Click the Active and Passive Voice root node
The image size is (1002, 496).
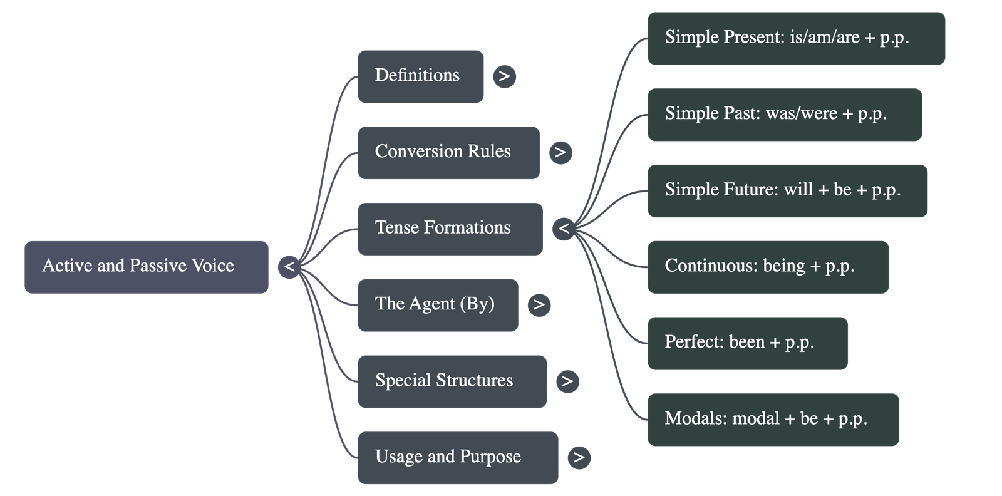click(147, 267)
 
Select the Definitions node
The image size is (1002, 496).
click(420, 76)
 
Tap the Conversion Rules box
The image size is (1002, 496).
click(448, 153)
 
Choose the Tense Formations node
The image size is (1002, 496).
click(450, 229)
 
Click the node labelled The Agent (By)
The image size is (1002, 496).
click(437, 305)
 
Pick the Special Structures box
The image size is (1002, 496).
click(452, 381)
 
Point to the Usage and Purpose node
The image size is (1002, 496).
click(457, 457)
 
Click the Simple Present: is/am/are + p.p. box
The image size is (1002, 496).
click(796, 38)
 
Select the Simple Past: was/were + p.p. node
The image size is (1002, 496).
click(784, 115)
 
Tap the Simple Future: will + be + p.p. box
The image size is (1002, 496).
click(787, 191)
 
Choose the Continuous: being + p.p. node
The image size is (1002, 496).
click(768, 267)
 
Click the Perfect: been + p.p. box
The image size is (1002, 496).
click(747, 343)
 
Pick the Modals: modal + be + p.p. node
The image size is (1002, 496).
click(773, 420)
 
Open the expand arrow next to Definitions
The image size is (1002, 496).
click(504, 76)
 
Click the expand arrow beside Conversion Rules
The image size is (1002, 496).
click(560, 153)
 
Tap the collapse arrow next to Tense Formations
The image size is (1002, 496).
click(564, 229)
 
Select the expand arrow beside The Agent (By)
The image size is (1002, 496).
click(539, 305)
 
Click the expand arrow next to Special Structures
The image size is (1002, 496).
click(567, 381)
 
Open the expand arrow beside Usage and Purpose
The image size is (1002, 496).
click(579, 457)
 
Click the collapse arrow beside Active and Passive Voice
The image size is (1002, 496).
click(289, 267)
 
